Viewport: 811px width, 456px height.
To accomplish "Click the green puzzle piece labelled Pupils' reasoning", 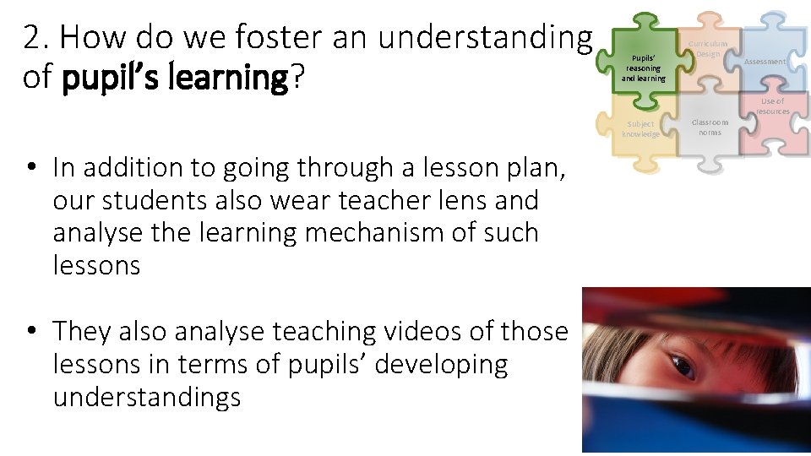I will (643, 68).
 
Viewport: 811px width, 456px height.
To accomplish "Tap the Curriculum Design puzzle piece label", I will (707, 48).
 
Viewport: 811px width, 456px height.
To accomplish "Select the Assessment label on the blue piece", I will (765, 62).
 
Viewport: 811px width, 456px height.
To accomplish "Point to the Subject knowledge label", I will (640, 128).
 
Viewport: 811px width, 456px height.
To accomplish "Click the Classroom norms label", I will (710, 127).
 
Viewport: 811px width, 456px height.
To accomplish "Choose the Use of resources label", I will (772, 106).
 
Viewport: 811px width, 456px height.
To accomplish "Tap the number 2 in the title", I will (32, 37).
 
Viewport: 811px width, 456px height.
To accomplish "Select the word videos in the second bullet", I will (449, 332).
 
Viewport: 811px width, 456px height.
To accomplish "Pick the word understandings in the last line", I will (147, 397).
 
